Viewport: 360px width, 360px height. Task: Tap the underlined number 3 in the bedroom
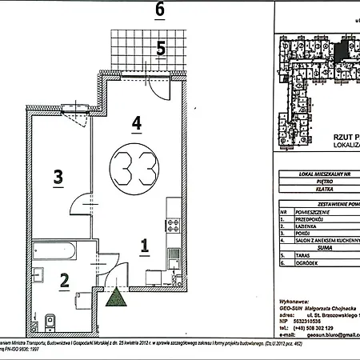[x=58, y=177]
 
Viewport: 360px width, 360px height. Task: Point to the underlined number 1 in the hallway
[x=143, y=246]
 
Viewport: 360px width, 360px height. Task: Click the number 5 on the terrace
[x=161, y=48]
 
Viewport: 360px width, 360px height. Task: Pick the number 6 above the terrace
[x=160, y=10]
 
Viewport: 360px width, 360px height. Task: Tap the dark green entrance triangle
[x=118, y=299]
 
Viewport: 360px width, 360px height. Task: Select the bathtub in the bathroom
[x=57, y=255]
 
